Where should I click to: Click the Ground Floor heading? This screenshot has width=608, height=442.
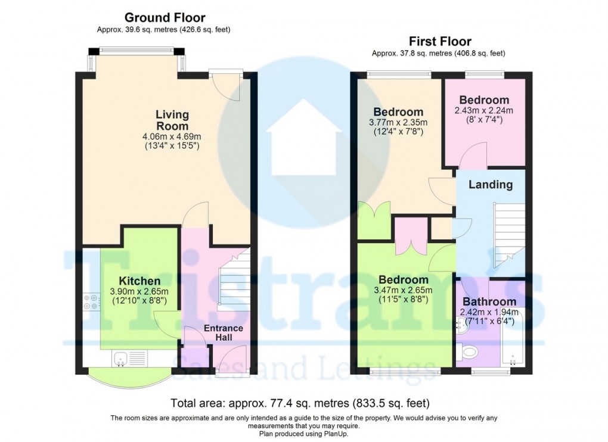pos(165,17)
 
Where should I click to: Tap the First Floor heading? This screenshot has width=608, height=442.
pos(440,41)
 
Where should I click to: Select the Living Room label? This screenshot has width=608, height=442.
pos(172,120)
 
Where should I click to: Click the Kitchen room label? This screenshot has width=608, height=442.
pos(139,281)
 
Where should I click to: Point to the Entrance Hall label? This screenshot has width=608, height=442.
pos(224,333)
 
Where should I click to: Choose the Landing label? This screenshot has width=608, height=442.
pos(491,185)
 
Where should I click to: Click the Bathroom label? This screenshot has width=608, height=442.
pos(489,301)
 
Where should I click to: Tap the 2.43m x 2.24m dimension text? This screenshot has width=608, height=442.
pos(483,110)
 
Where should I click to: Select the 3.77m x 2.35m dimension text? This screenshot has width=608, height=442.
pos(398,122)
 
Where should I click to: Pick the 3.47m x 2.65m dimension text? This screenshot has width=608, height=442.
pos(404,290)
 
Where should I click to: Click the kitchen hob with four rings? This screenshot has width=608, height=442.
pos(92,302)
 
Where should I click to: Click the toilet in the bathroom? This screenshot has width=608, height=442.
pos(467,352)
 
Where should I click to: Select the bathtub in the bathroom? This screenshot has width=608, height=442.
pos(512,336)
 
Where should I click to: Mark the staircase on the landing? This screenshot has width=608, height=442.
pos(509,235)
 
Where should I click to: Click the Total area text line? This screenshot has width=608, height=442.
pos(300,403)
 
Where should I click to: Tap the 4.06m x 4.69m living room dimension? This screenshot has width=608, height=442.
pos(172,137)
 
